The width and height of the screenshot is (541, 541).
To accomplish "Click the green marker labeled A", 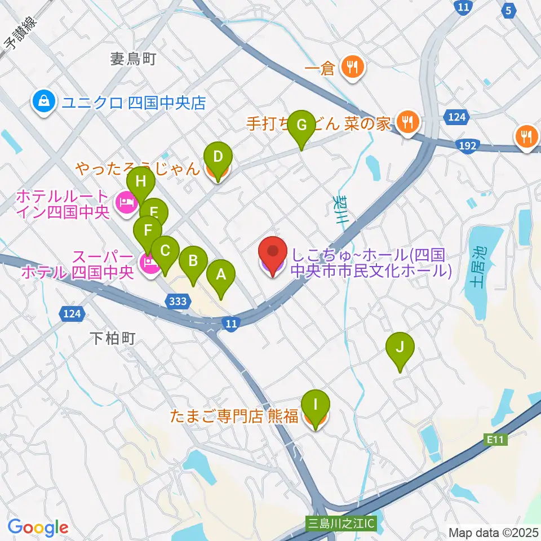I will point(221,276).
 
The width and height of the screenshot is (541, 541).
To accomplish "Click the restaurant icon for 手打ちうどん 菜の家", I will point(406,123).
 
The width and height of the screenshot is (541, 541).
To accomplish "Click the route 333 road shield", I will point(178,301).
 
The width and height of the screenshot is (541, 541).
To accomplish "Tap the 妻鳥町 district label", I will point(132,59).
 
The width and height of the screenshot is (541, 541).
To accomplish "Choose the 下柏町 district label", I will point(113,338).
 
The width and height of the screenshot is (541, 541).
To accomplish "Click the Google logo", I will point(38,527).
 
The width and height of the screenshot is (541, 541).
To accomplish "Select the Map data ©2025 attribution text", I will point(493,531).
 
